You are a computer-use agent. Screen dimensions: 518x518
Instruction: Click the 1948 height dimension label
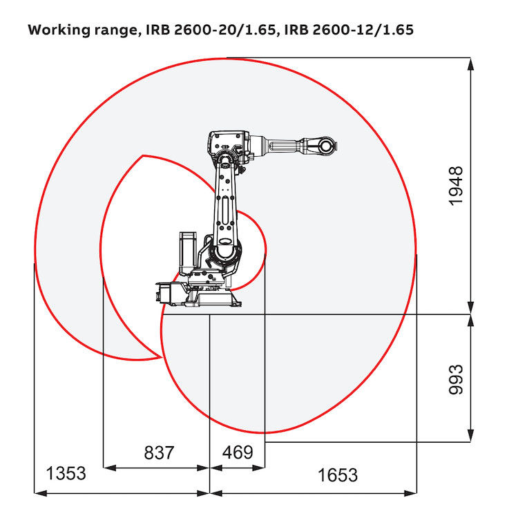coord(456,186)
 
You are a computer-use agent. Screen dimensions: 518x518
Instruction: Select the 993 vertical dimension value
coord(456,378)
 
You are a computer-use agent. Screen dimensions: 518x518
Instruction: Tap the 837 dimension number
coord(159,453)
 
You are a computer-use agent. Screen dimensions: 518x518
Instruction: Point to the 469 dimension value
coord(237,453)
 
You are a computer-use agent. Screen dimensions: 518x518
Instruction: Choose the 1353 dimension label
coord(66,474)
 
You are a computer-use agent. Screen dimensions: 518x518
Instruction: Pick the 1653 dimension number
coord(338,475)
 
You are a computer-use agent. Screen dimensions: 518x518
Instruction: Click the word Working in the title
coord(58,31)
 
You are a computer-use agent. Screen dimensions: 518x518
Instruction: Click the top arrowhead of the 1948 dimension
coord(470,64)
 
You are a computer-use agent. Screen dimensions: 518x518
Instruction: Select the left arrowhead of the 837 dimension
coord(108,468)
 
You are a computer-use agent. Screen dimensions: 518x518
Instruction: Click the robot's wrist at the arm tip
coord(325,146)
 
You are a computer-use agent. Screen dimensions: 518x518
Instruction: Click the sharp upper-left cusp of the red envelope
coord(142,156)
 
